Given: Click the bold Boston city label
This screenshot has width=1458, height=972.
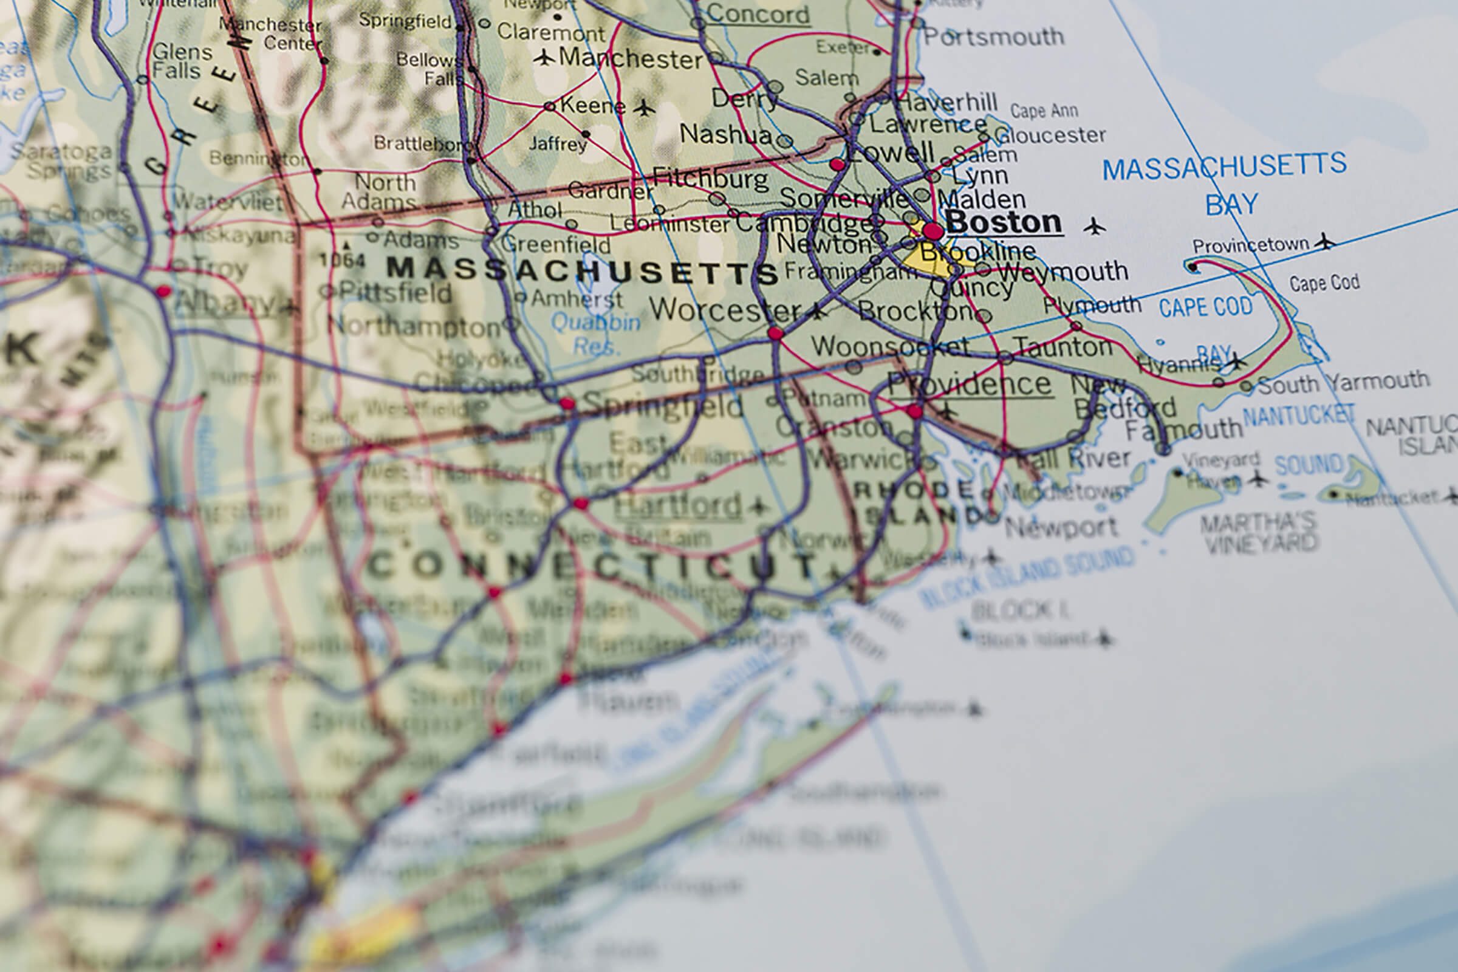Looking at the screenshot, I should [1004, 222].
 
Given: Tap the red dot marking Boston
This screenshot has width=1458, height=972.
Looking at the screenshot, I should [933, 232].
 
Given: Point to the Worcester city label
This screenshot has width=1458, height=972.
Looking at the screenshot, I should [725, 309].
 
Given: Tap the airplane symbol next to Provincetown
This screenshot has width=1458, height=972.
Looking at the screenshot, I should [1324, 241].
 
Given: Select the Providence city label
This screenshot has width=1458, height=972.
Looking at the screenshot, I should [970, 385].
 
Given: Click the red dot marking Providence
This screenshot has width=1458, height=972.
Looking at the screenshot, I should [914, 411].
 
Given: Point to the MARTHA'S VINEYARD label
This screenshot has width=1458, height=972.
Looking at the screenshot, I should [1258, 533].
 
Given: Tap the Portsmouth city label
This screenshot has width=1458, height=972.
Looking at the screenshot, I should [993, 36].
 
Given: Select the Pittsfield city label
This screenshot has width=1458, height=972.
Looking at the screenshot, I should [395, 292].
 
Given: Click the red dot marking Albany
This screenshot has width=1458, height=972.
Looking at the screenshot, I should [163, 290].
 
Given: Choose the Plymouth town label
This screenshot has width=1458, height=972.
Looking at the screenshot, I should [1092, 304].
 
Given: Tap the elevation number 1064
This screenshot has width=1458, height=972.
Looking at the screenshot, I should [341, 260].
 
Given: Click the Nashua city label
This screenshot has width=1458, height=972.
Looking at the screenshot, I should [725, 134].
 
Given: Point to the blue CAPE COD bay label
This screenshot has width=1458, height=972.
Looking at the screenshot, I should [1206, 307].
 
